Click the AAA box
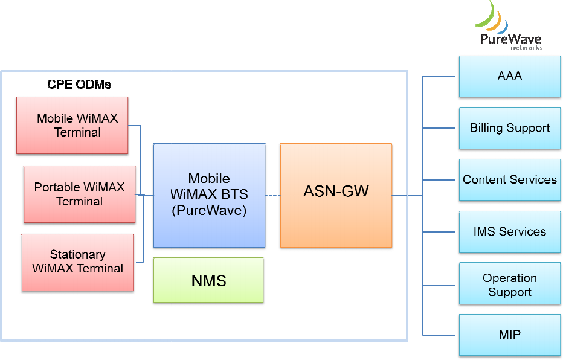(509, 77)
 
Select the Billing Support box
(509, 128)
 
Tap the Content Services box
(509, 180)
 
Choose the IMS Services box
(509, 231)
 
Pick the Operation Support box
(509, 284)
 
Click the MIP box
(509, 335)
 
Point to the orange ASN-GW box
(336, 194)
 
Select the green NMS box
(208, 280)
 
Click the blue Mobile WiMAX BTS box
(209, 194)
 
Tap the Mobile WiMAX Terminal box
(72, 125)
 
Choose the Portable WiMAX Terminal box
(79, 194)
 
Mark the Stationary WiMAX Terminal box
(77, 262)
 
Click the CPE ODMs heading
(79, 85)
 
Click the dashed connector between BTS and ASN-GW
(272, 195)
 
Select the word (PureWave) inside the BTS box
(209, 211)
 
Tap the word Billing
(486, 128)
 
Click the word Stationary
(77, 255)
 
